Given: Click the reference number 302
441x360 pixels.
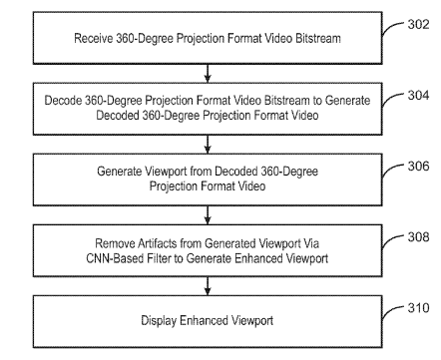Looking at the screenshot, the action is [x=418, y=24].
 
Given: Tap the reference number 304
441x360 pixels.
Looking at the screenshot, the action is [x=418, y=95].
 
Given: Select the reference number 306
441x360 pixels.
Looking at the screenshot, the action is [x=418, y=166].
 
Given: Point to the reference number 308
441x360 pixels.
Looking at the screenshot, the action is [x=418, y=236].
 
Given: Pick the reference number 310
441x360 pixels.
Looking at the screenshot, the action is [x=418, y=308].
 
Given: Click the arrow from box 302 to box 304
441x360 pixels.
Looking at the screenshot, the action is [x=208, y=73].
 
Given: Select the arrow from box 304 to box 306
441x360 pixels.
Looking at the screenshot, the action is [x=208, y=144].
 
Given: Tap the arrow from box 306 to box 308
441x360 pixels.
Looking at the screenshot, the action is [x=208, y=214].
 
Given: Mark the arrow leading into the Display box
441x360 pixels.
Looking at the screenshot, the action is [x=208, y=286].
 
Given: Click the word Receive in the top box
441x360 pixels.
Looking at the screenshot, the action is [x=94, y=38].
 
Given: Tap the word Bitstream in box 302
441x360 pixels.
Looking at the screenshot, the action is [x=318, y=38].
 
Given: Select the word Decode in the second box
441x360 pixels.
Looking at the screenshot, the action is [x=63, y=101].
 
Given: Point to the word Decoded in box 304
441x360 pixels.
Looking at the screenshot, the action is [x=118, y=116].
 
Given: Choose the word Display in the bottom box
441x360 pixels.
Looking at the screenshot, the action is [x=159, y=321].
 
